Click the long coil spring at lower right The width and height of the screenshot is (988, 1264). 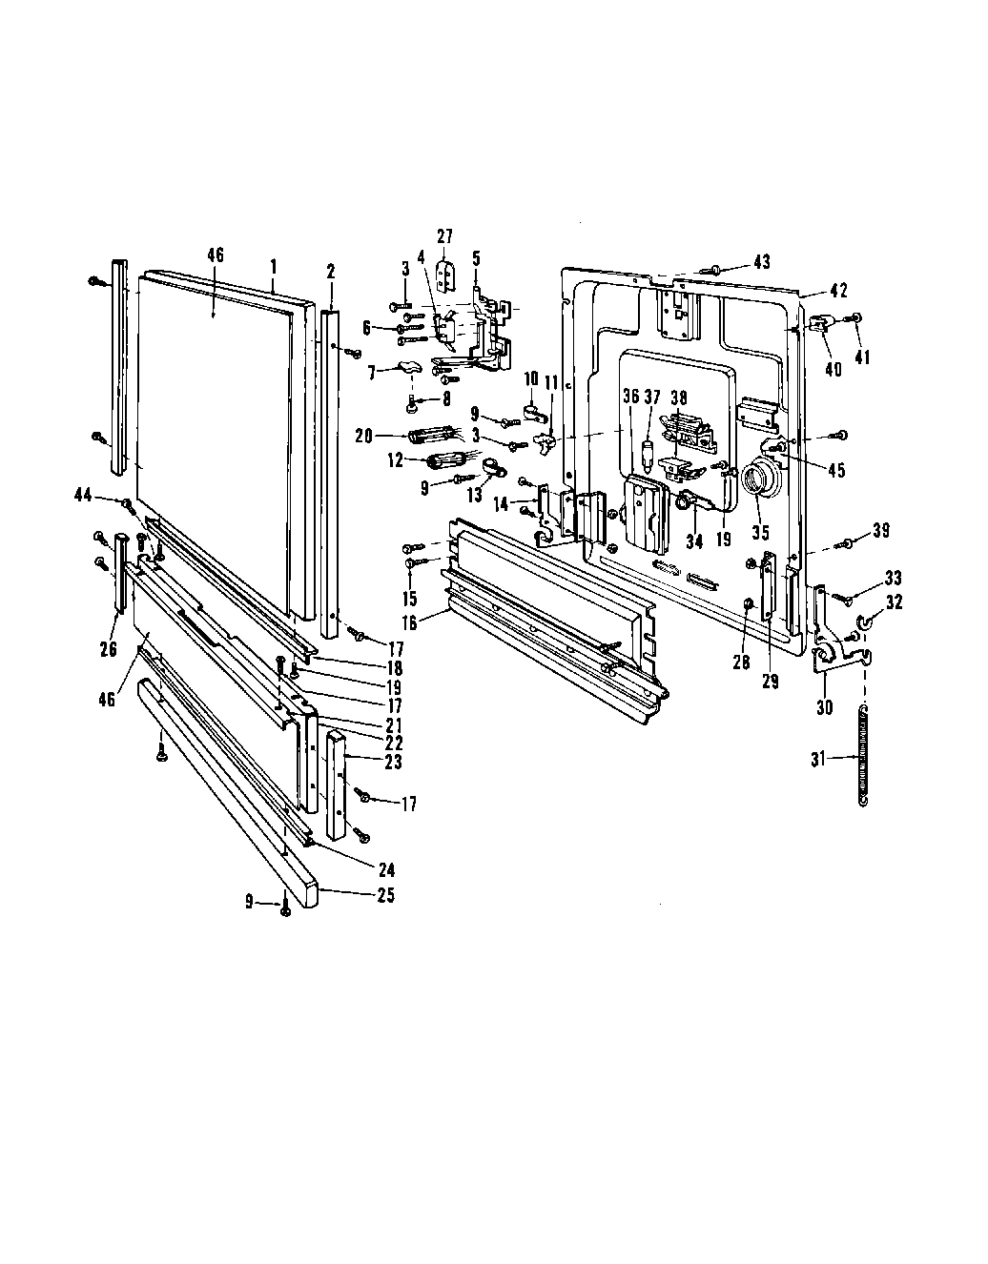[864, 753]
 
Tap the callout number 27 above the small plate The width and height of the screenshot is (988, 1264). [445, 236]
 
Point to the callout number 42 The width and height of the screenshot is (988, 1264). [838, 291]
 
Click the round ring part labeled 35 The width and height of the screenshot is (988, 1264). [760, 479]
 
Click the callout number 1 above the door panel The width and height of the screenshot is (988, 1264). [273, 262]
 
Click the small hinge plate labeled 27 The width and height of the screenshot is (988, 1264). [444, 275]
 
